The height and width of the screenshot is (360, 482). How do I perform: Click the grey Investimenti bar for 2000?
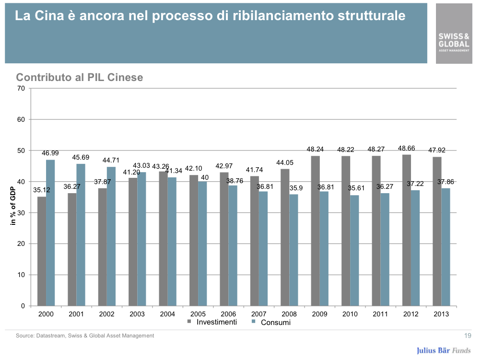pyautogui.click(x=42, y=251)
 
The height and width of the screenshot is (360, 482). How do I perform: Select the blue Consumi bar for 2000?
pyautogui.click(x=50, y=233)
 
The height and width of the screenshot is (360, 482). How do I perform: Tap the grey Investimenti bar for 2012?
pyautogui.click(x=407, y=230)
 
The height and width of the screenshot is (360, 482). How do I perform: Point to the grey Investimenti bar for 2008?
pyautogui.click(x=285, y=237)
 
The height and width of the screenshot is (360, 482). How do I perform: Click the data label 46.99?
pyautogui.click(x=50, y=153)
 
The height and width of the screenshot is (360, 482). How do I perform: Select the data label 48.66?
pyautogui.click(x=407, y=149)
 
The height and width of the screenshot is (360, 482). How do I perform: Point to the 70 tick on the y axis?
pyautogui.click(x=21, y=88)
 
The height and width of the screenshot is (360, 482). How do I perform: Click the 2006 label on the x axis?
pyautogui.click(x=228, y=314)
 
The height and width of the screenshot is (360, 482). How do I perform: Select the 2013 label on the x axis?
pyautogui.click(x=441, y=314)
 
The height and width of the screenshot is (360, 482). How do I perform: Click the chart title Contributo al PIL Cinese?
pyautogui.click(x=80, y=77)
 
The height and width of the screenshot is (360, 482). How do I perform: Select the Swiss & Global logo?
pyautogui.click(x=454, y=41)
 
